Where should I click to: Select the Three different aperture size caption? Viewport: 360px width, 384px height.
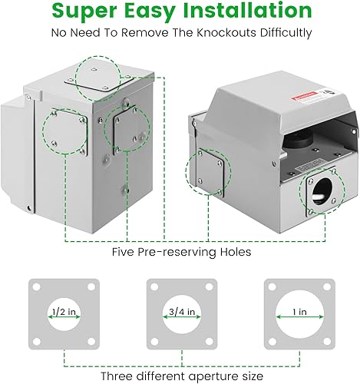pos(179,376)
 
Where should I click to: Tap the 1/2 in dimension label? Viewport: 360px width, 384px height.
pos(62,312)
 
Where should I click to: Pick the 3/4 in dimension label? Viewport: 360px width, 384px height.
pos(180,312)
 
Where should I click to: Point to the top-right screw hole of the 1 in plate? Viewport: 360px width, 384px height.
pos(320,289)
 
